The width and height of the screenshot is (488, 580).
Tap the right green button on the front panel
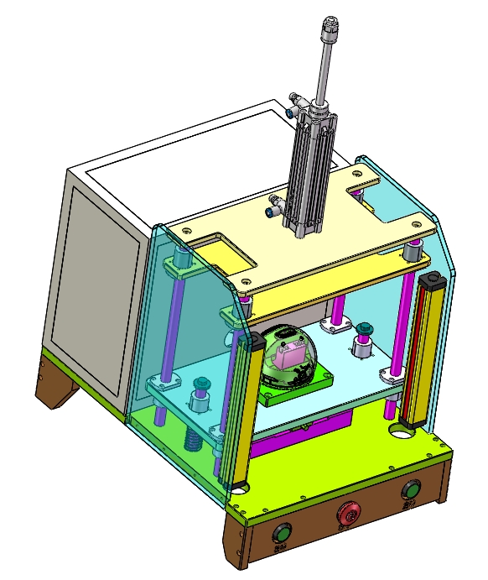click(410, 490)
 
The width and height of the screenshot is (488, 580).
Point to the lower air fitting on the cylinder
click(275, 204)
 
